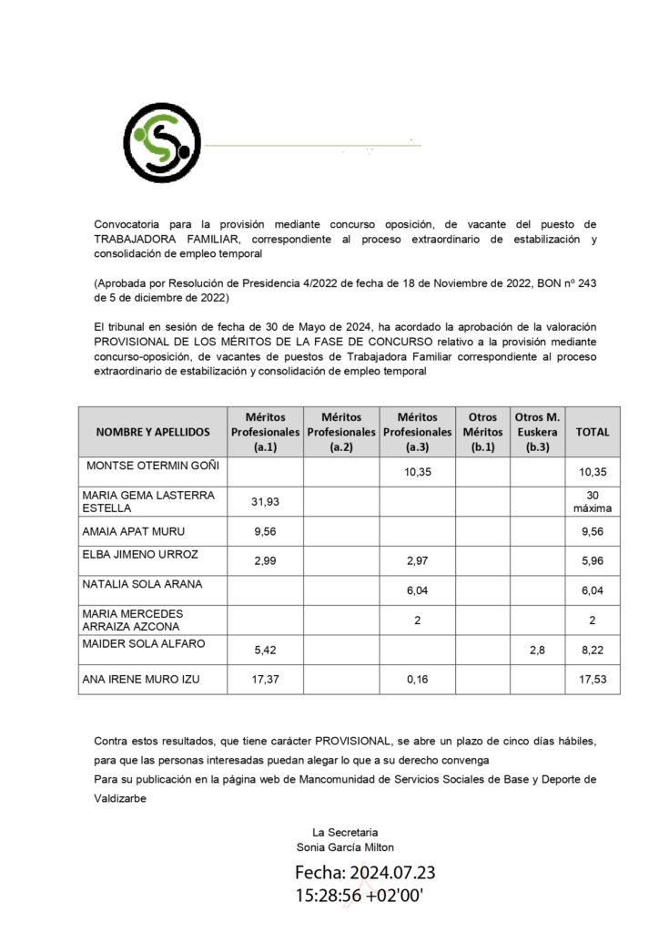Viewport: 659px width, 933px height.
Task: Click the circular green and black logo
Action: click(162, 143)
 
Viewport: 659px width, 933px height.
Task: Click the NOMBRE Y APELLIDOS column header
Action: click(153, 432)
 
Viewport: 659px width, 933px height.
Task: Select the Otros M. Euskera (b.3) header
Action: click(537, 432)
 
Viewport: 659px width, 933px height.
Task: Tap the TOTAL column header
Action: click(593, 432)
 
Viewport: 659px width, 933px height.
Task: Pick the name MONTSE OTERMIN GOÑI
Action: click(153, 466)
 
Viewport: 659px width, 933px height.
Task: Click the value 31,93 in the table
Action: click(264, 501)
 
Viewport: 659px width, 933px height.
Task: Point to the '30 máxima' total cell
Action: click(593, 501)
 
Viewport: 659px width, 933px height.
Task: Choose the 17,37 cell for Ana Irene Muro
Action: click(264, 680)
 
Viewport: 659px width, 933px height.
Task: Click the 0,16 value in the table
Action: click(417, 680)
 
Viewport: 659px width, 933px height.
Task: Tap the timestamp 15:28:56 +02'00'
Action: click(360, 897)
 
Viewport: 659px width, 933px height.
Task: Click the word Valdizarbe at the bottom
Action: click(124, 797)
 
